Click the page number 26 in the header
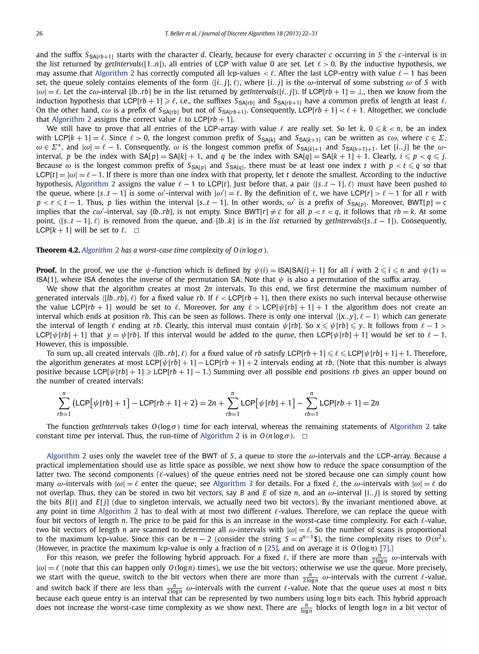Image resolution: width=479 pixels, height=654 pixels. (x=40, y=34)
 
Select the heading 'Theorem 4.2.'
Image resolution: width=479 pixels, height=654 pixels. (x=58, y=250)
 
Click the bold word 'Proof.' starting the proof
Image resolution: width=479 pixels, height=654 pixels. (x=46, y=270)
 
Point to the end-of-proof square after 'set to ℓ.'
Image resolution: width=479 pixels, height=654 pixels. (x=137, y=231)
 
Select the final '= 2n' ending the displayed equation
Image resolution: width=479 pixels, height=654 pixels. (x=372, y=403)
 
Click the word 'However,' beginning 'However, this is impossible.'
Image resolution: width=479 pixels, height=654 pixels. (x=48, y=344)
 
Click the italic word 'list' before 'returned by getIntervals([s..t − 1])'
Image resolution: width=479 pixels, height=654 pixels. (x=274, y=221)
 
